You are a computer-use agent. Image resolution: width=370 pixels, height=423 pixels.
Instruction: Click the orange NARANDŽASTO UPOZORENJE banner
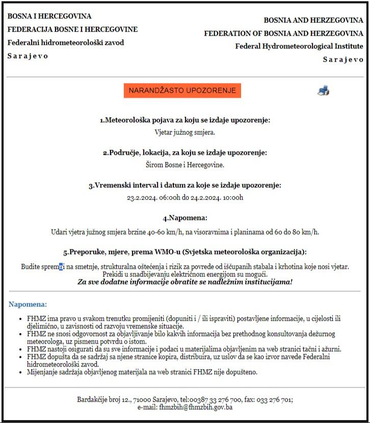182,91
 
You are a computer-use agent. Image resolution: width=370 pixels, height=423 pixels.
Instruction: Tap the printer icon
323,91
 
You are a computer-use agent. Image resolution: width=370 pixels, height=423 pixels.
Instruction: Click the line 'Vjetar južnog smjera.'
185,132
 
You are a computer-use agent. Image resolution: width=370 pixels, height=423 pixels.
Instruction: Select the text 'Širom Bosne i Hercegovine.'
185,164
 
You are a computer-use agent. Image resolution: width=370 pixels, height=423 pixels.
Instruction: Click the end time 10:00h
231,198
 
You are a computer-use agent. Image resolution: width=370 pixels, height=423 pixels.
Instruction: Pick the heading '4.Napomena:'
185,218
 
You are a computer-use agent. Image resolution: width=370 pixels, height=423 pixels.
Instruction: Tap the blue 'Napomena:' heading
28,304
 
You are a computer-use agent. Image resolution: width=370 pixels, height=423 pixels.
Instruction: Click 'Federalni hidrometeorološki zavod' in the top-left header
65,43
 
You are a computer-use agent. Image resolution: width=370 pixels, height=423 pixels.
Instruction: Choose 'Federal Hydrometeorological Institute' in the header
299,46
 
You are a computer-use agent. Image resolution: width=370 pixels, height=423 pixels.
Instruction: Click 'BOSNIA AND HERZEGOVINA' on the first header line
313,20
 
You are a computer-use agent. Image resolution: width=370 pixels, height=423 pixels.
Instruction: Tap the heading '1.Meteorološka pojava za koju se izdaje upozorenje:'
185,120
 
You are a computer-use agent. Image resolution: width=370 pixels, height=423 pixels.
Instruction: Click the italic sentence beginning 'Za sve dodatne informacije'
185,281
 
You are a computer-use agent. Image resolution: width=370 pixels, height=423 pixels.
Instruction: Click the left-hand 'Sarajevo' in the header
28,56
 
